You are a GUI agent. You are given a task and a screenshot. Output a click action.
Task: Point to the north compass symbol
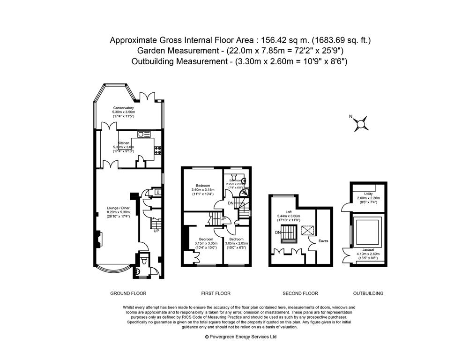(x=361, y=123)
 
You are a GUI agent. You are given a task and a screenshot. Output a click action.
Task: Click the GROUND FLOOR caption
(x=128, y=293)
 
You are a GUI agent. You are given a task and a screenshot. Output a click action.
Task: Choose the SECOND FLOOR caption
(x=300, y=293)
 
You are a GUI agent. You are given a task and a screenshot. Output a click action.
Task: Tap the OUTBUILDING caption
(x=368, y=293)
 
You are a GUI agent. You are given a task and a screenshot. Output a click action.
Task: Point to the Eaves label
(x=323, y=241)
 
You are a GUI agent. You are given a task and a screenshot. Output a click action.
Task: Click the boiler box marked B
(x=157, y=193)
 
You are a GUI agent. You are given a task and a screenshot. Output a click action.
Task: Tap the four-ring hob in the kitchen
(x=158, y=150)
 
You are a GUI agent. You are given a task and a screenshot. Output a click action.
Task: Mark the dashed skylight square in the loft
(x=307, y=231)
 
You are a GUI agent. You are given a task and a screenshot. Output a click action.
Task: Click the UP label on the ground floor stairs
(x=156, y=231)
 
